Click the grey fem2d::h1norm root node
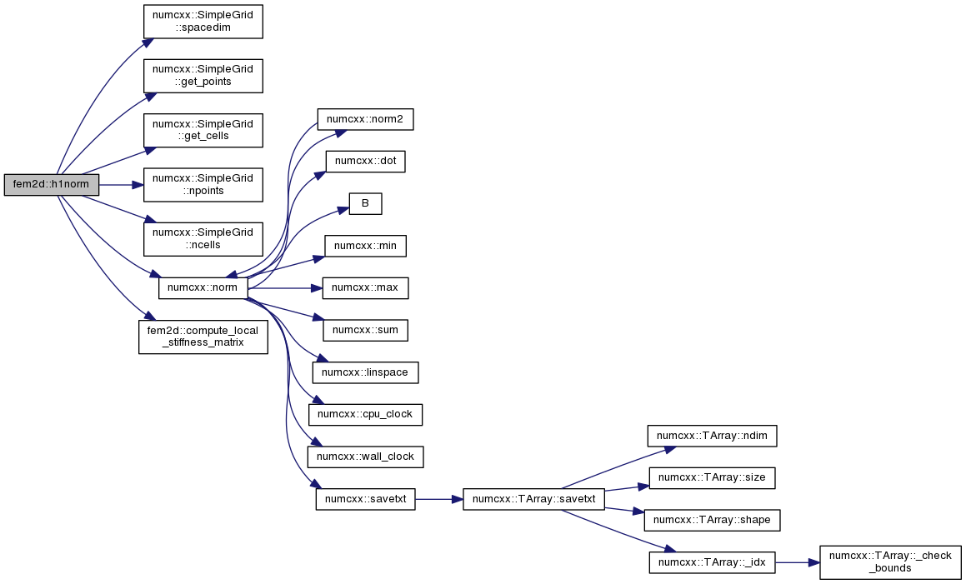pyautogui.click(x=51, y=185)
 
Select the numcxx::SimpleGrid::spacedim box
pyautogui.click(x=203, y=22)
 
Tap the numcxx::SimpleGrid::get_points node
pyautogui.click(x=203, y=77)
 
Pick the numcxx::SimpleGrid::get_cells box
pyautogui.click(x=203, y=130)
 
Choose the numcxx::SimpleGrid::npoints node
pyautogui.click(x=203, y=184)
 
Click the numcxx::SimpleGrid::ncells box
pyautogui.click(x=203, y=238)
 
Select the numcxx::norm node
pyautogui.click(x=203, y=287)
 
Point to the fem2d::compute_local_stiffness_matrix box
pyautogui.click(x=203, y=337)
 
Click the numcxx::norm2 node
pyautogui.click(x=365, y=119)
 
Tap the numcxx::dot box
pyautogui.click(x=365, y=162)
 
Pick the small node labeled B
pyautogui.click(x=365, y=204)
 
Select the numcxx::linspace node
pyautogui.click(x=365, y=372)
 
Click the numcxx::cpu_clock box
pyautogui.click(x=365, y=414)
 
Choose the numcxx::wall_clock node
pyautogui.click(x=365, y=457)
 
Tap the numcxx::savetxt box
pyautogui.click(x=365, y=499)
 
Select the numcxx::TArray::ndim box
pyautogui.click(x=712, y=437)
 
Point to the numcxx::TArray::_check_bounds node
pyautogui.click(x=890, y=562)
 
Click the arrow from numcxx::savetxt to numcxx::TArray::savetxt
pyautogui.click(x=439, y=499)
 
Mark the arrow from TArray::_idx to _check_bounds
pyautogui.click(x=797, y=562)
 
